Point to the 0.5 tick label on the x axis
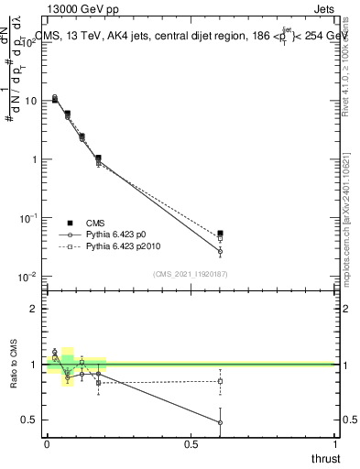tap(191, 443)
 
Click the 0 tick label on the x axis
tap(47, 443)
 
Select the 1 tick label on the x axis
tap(335, 443)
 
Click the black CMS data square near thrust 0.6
tap(220, 234)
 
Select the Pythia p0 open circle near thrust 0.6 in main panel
tap(220, 251)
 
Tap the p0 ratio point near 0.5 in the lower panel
tap(220, 422)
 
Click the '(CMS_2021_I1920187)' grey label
tap(191, 274)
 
